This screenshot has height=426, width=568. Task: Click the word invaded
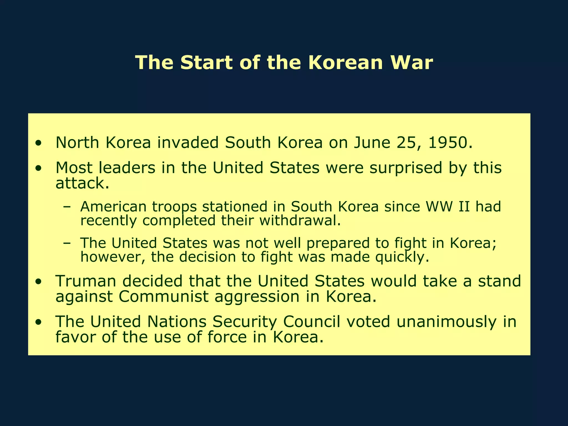188,143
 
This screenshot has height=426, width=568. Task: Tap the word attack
82,183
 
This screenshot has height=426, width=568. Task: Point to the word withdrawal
300,221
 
